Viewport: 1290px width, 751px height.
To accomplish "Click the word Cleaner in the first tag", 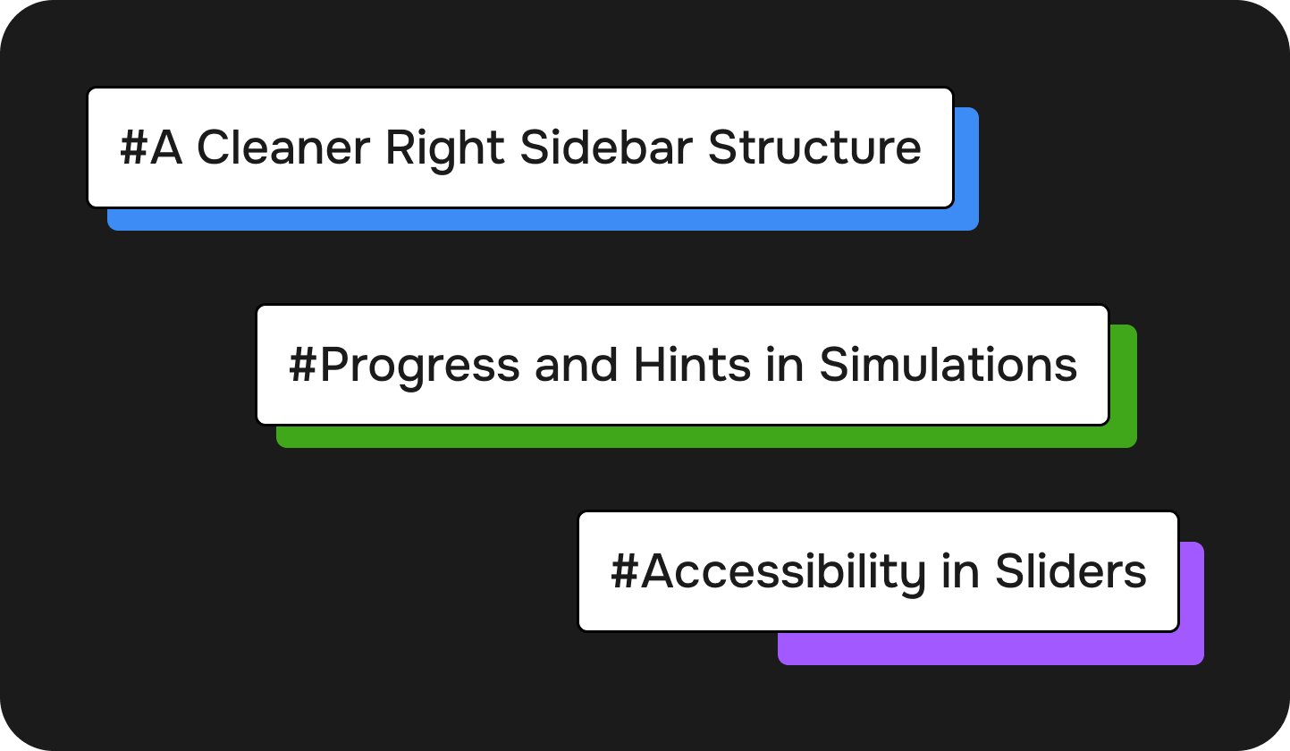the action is click(283, 148).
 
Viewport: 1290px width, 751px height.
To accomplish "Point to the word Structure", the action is click(814, 148).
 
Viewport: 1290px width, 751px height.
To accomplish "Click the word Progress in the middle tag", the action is click(419, 367).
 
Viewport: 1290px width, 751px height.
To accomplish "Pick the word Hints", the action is click(692, 365).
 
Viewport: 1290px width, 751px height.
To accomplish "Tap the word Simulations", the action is click(948, 365).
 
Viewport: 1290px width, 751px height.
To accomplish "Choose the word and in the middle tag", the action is click(576, 365).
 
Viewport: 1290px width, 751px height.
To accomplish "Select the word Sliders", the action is click(1071, 570).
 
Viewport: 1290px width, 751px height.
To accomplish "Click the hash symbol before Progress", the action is click(303, 365).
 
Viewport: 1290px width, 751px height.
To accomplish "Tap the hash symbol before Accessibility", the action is click(625, 570).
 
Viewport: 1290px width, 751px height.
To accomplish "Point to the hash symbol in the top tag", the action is click(133, 148).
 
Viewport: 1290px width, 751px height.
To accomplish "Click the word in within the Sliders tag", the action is click(961, 570).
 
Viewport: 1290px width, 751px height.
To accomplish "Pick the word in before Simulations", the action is click(785, 365).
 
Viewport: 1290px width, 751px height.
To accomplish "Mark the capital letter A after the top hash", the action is click(166, 148).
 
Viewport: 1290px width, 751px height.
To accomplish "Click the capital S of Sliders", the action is click(1009, 570).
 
